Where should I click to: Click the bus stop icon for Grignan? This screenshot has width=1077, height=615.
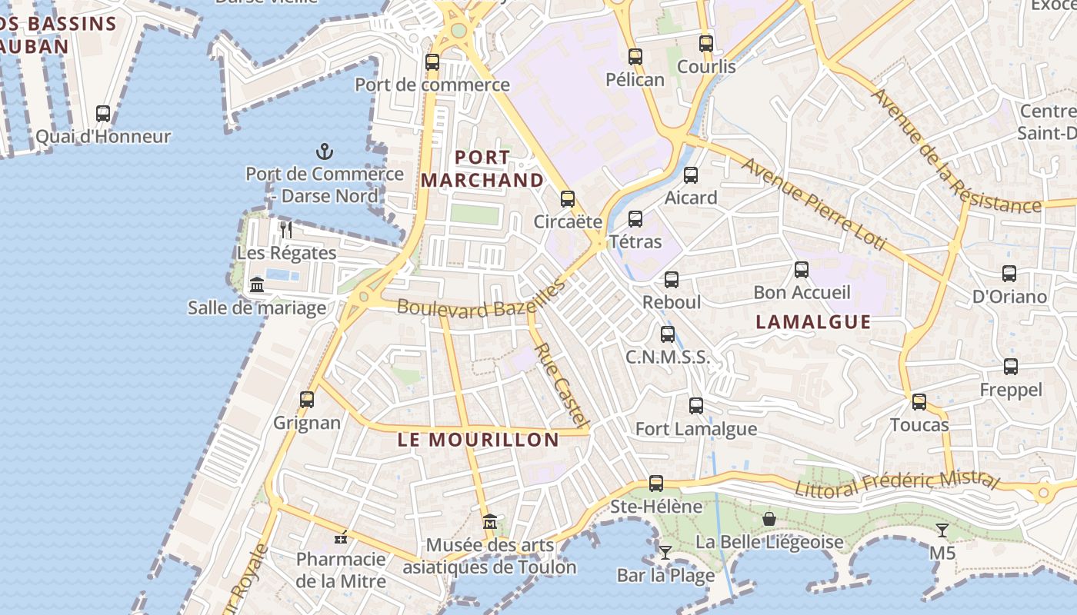click(x=307, y=400)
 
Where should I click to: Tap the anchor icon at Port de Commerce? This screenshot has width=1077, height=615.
click(x=324, y=151)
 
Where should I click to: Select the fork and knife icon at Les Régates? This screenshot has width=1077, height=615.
click(x=286, y=229)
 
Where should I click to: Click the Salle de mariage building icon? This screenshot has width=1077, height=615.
click(x=257, y=284)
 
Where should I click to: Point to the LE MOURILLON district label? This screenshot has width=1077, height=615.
click(x=478, y=440)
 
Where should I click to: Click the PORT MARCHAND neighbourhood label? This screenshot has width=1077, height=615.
click(x=482, y=169)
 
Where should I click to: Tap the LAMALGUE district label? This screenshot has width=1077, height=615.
click(x=813, y=321)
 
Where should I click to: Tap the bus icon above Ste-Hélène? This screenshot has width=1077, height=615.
click(x=655, y=484)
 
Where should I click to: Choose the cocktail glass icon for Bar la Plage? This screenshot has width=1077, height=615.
click(x=665, y=552)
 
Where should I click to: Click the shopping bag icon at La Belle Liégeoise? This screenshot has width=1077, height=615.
click(x=769, y=519)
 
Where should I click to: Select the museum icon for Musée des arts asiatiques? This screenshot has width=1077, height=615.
click(x=489, y=523)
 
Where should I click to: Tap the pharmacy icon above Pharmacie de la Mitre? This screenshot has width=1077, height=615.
click(x=341, y=537)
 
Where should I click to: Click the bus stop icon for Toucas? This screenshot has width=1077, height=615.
click(x=919, y=401)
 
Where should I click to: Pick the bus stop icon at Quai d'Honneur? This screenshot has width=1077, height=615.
click(x=103, y=114)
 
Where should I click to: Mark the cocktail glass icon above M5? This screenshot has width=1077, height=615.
click(x=942, y=530)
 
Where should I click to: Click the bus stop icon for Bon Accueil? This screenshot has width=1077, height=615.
click(x=802, y=269)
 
